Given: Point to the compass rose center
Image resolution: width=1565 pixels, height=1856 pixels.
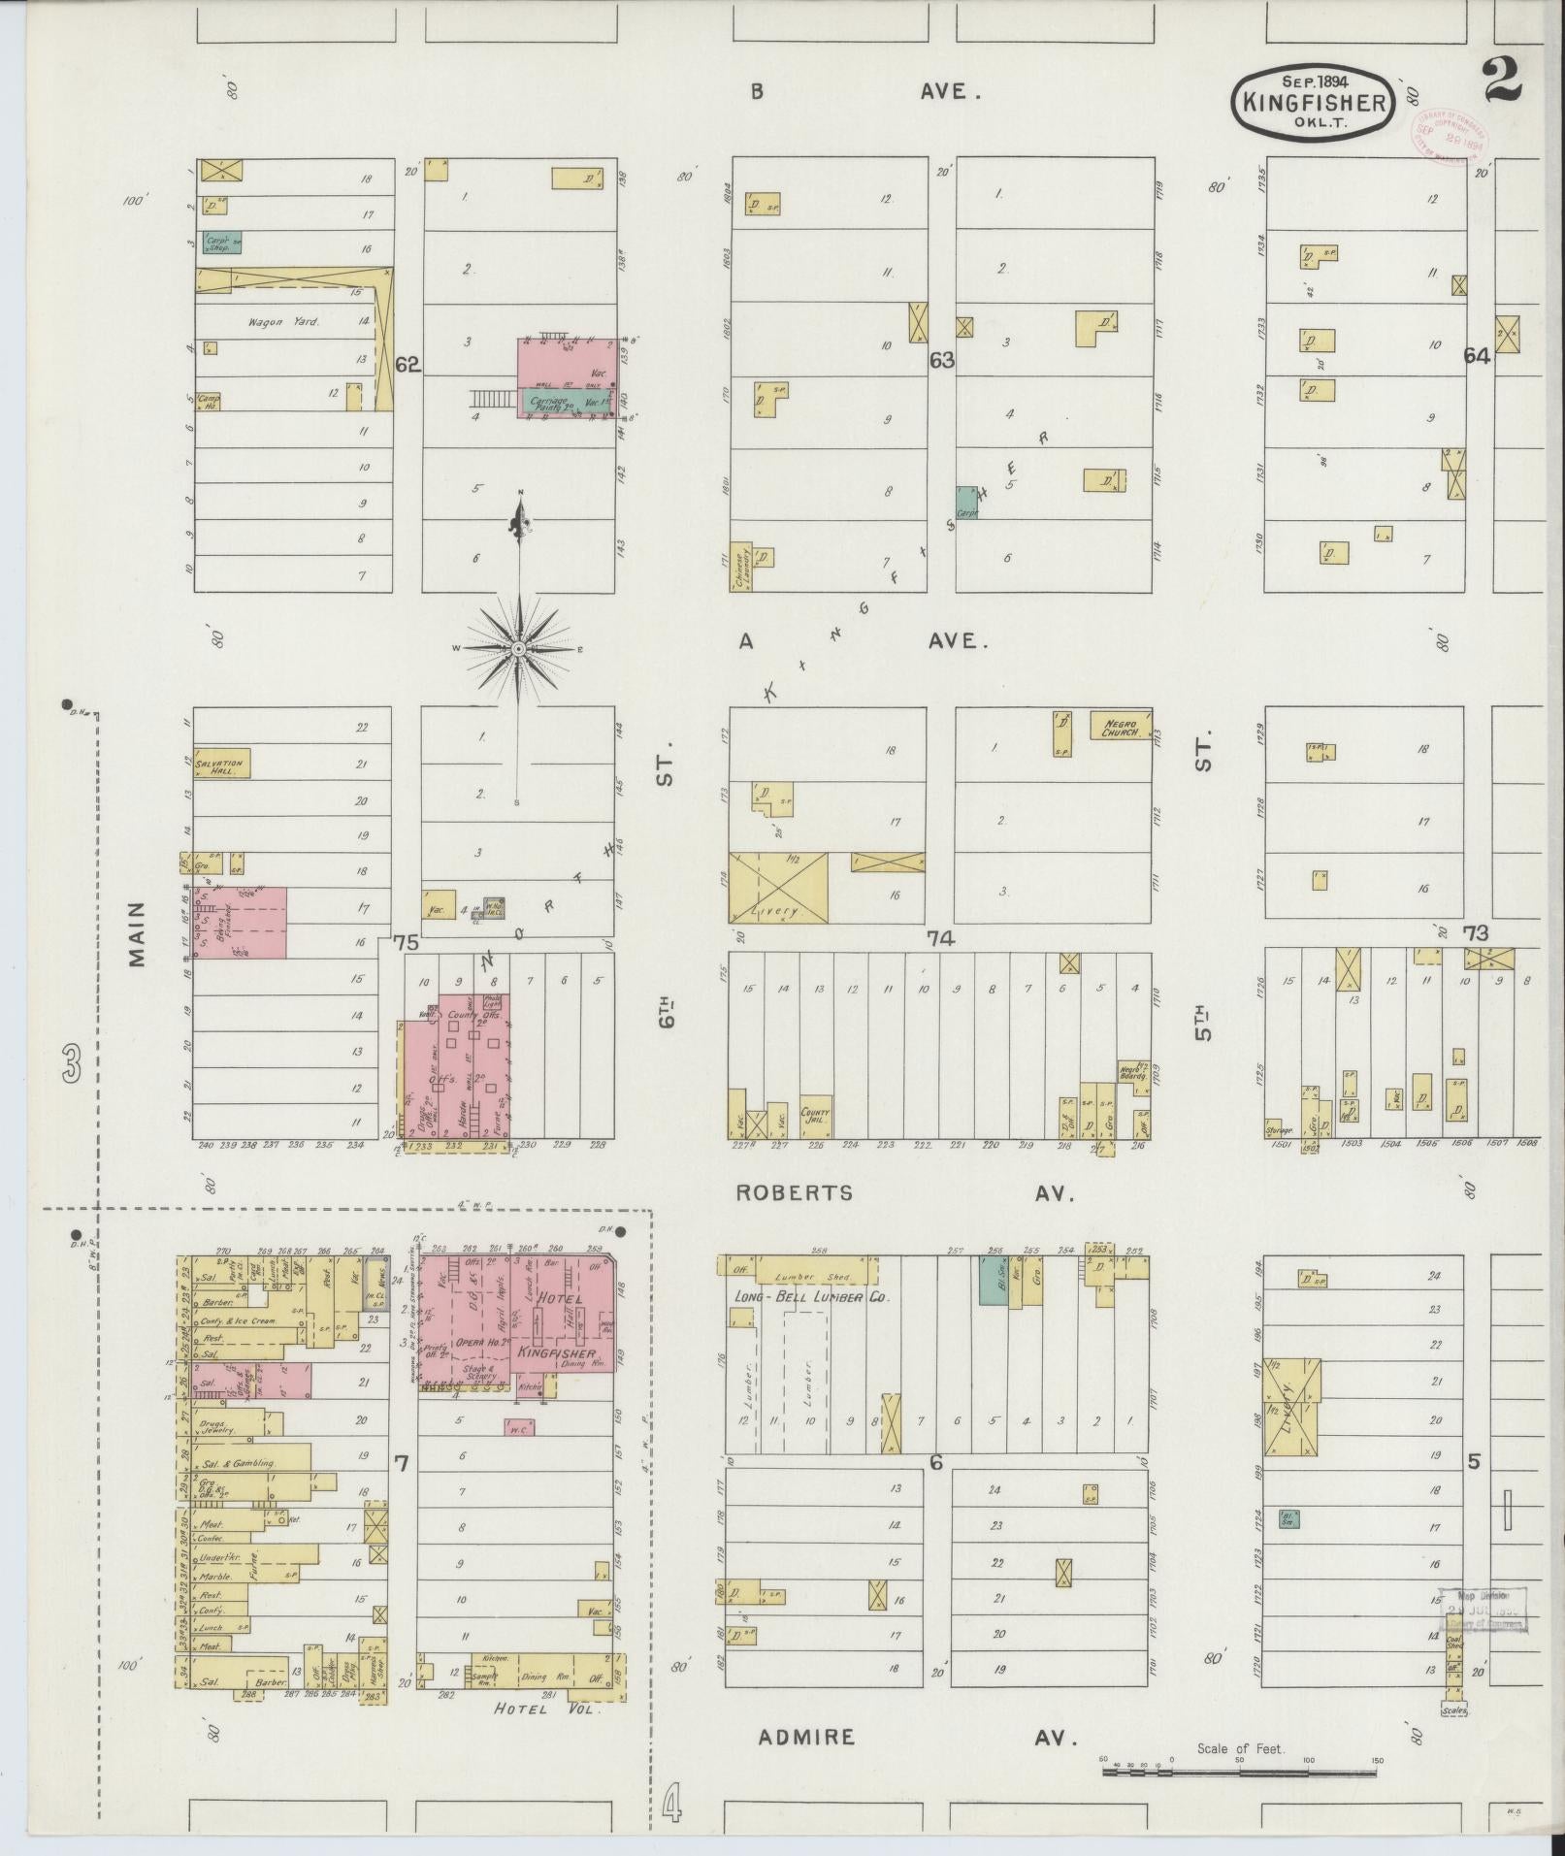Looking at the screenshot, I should tap(518, 647).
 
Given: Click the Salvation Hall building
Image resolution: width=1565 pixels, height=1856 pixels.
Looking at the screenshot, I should tap(222, 763).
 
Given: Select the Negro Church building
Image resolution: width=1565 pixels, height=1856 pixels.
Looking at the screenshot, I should tap(1120, 726).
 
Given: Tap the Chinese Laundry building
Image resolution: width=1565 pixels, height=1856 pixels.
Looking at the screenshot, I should tap(741, 567).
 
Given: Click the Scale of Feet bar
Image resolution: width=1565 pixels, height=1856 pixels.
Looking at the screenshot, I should tap(1239, 1772).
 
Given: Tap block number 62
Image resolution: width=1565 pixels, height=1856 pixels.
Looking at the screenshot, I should tap(408, 365).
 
